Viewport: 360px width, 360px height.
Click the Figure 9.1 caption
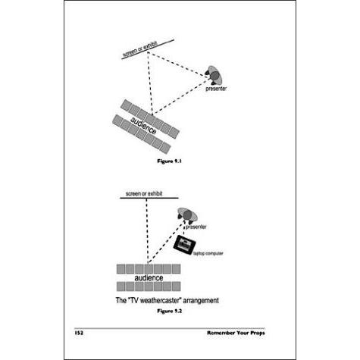click(169, 161)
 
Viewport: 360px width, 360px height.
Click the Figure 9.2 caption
click(169, 311)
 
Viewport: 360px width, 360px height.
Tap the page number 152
click(79, 333)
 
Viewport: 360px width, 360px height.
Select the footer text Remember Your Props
click(236, 333)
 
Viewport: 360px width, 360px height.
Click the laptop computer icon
click(185, 245)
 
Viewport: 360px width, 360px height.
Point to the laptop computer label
click(208, 253)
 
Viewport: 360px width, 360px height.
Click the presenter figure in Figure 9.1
click(214, 75)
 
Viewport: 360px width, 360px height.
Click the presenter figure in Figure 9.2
click(187, 214)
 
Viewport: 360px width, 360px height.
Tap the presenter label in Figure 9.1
click(216, 89)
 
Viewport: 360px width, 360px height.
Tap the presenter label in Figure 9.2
click(196, 227)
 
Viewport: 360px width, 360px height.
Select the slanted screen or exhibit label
click(140, 49)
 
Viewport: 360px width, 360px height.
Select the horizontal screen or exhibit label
click(144, 194)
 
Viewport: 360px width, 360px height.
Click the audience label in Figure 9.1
click(143, 126)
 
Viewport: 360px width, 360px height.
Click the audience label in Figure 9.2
click(149, 278)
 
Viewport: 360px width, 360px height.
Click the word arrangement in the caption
click(201, 301)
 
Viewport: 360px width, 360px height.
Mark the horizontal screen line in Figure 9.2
click(149, 198)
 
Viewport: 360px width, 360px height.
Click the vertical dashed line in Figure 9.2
click(147, 230)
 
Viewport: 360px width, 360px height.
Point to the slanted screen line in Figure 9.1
click(148, 49)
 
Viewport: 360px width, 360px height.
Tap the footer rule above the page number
click(170, 328)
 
